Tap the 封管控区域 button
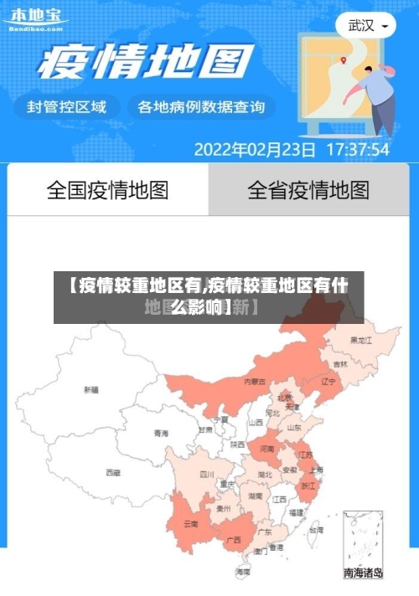(x=68, y=106)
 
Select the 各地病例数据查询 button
(x=201, y=106)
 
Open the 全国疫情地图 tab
(x=107, y=190)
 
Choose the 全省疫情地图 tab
(x=308, y=190)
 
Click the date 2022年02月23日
(x=255, y=150)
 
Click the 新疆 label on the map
(x=91, y=389)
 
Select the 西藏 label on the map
(x=112, y=472)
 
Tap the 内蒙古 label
(x=255, y=381)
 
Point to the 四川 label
(x=207, y=474)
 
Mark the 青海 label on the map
(x=161, y=433)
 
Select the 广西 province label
(x=234, y=540)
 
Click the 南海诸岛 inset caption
(x=364, y=573)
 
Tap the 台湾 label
(x=315, y=530)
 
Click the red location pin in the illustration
(x=344, y=59)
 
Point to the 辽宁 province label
(x=328, y=381)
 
